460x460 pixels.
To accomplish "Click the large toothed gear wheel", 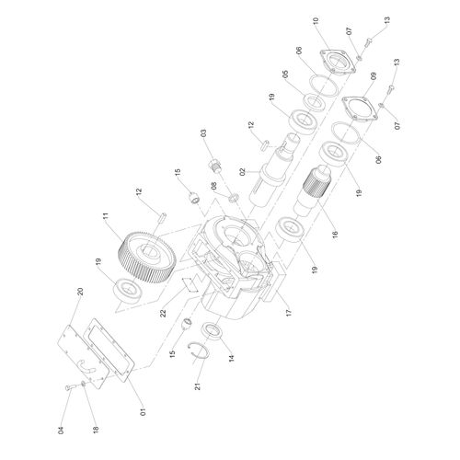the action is [x=146, y=258].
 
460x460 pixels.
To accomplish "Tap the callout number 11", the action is [x=106, y=216].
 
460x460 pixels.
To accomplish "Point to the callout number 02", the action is [x=243, y=172].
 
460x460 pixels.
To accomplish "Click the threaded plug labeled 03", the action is [x=216, y=166].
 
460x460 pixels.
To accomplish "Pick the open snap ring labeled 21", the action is [x=199, y=350].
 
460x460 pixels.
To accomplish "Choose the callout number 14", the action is [x=232, y=357].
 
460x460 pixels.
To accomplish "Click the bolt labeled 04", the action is [x=69, y=387].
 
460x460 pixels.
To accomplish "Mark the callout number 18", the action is [x=96, y=429].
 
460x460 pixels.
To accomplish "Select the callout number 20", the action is [x=80, y=292].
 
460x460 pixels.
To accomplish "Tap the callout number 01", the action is [x=144, y=411].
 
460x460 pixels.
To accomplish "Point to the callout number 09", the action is [x=373, y=76].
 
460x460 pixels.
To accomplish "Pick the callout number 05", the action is [x=285, y=74].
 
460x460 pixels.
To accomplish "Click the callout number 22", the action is [x=163, y=313].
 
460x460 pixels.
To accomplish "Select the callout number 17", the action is [x=289, y=313].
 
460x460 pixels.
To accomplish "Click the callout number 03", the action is [x=203, y=133].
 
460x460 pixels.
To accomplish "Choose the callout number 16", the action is [x=335, y=234].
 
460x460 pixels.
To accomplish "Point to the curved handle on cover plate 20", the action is [x=85, y=366].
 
